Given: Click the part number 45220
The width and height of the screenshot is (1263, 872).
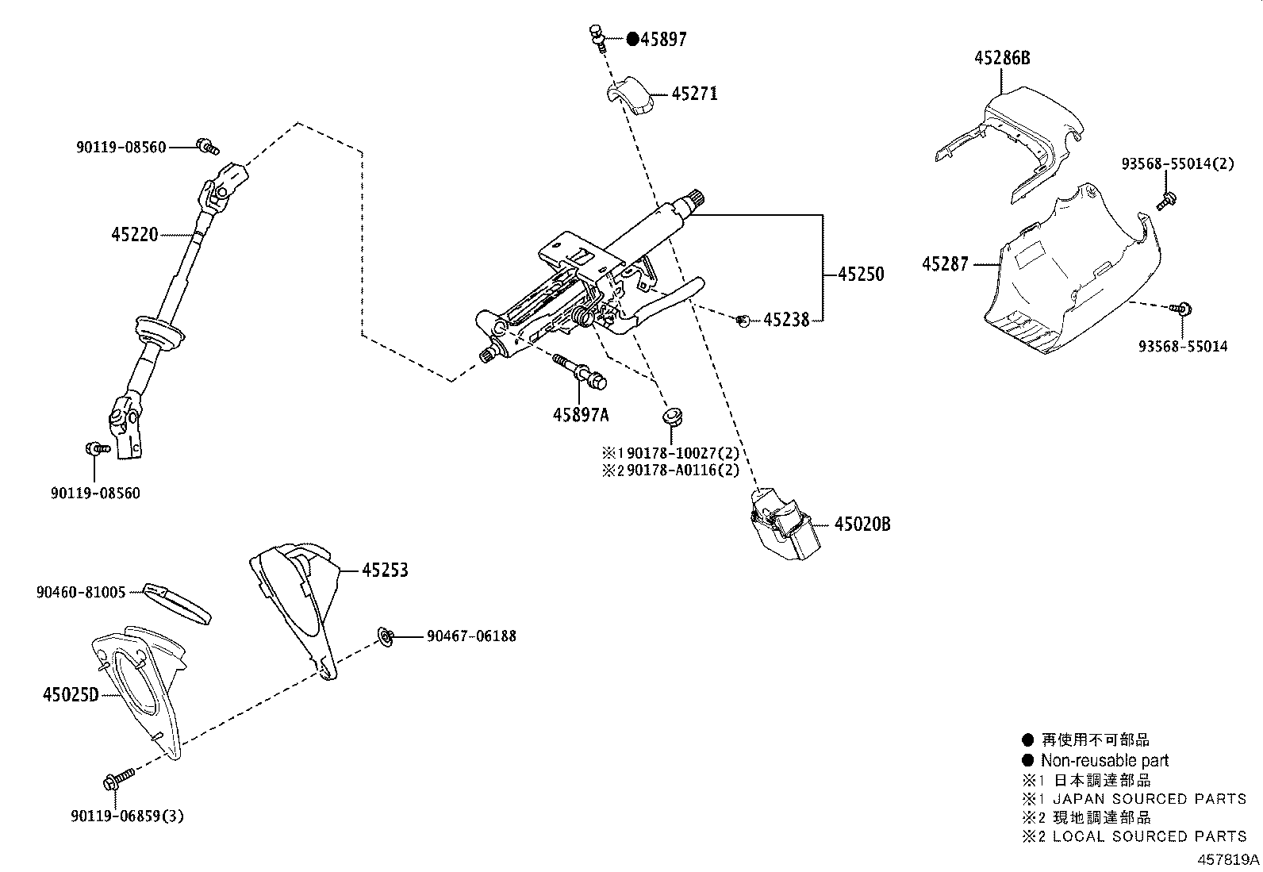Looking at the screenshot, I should pos(135,234).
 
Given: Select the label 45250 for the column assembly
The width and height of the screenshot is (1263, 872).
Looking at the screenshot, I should pos(861,274).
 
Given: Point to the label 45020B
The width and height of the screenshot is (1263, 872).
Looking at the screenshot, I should pos(862,524).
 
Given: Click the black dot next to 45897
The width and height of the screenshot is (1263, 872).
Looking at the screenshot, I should pos(632,39).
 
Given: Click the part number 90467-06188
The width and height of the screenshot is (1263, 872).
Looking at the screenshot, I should pos(471,636).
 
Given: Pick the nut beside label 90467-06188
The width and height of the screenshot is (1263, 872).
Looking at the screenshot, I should pos(385,635).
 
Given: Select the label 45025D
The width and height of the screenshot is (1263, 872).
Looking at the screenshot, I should pos(71,695).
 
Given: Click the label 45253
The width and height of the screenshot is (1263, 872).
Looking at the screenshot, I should pos(385,570).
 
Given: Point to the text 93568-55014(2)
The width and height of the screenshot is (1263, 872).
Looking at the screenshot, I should pos(1178,163).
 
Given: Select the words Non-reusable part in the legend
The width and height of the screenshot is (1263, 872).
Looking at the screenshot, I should pos(1104,760).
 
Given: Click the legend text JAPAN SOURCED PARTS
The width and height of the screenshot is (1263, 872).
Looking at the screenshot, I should pos(1150,798).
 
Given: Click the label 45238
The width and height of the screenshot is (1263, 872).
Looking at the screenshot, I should pos(786,320).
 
